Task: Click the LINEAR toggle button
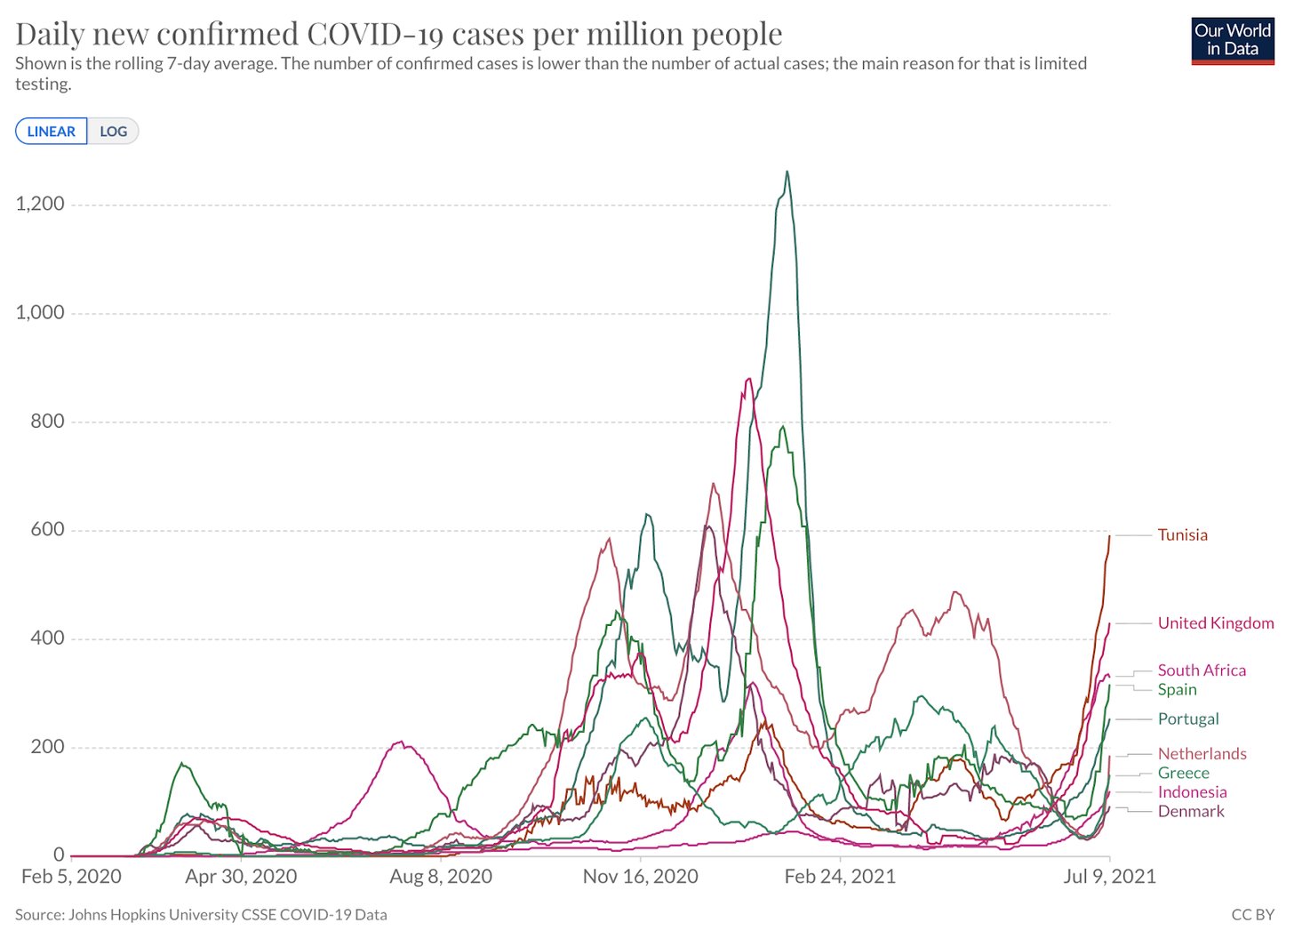tap(52, 132)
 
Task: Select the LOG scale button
tap(113, 132)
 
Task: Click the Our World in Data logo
tap(1232, 41)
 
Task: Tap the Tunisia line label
tap(1182, 535)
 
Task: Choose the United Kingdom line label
tap(1215, 623)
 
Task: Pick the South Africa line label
tap(1201, 670)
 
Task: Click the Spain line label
tap(1177, 690)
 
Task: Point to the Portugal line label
tap(1187, 719)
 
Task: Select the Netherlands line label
tap(1202, 754)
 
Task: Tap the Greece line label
tap(1183, 774)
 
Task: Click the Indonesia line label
tap(1192, 792)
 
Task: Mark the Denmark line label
tap(1190, 812)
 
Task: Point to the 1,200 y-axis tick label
tap(40, 205)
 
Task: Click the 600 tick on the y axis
tap(48, 530)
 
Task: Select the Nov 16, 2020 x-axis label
tap(640, 877)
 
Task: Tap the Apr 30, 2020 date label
tap(241, 877)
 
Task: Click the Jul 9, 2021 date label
tap(1109, 877)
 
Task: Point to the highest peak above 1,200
tap(787, 172)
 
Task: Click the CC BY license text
tap(1252, 914)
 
